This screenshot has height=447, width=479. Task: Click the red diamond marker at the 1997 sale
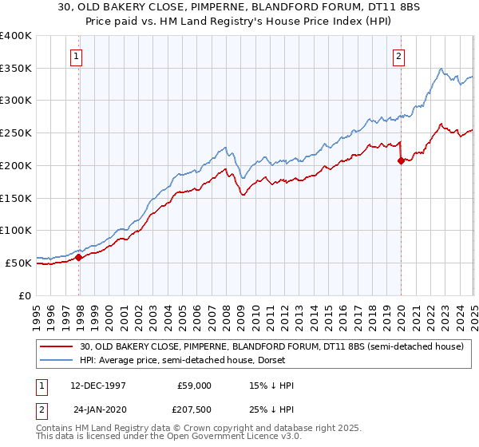point(79,257)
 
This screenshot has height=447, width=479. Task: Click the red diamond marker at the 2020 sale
point(401,160)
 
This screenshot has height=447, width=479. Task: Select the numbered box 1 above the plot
point(75,56)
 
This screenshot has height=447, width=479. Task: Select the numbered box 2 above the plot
point(398,56)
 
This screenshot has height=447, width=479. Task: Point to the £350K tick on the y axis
point(16,68)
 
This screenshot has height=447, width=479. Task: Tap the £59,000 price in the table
point(195,386)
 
